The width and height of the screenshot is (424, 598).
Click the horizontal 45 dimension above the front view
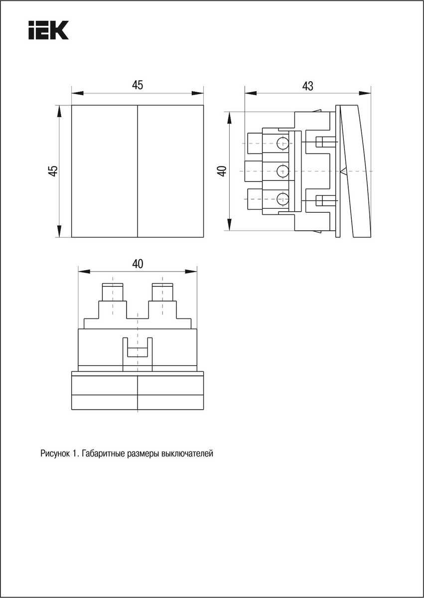click(138, 85)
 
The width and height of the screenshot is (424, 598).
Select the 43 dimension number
click(307, 86)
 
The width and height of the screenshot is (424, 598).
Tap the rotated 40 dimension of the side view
click(222, 170)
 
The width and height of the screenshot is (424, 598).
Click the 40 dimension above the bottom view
click(138, 264)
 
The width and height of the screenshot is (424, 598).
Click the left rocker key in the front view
click(104, 171)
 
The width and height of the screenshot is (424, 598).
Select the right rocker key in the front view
click(170, 171)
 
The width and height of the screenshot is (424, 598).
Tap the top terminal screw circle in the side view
click(283, 144)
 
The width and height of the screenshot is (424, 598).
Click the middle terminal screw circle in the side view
click(283, 171)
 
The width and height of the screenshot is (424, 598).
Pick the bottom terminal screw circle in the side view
click(283, 199)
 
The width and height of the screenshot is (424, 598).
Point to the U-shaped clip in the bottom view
click(138, 349)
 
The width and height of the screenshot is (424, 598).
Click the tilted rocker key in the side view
click(357, 170)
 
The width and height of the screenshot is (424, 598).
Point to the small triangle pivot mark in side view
click(343, 171)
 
